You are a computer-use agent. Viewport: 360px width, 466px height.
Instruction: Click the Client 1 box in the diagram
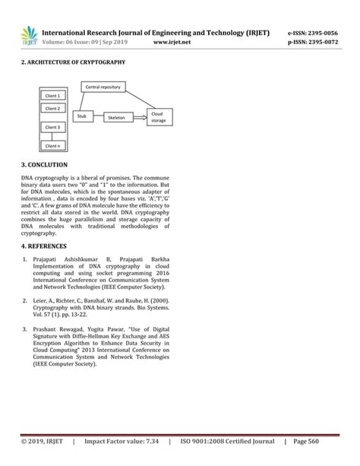tap(53, 97)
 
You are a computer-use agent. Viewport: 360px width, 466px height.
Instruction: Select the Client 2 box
tap(53, 109)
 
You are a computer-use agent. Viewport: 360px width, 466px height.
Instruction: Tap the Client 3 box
tap(53, 127)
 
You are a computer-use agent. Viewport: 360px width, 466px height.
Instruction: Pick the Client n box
tap(53, 144)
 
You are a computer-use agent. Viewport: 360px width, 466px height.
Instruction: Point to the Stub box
tap(83, 116)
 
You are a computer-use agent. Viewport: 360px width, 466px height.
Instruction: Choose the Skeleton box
tap(116, 117)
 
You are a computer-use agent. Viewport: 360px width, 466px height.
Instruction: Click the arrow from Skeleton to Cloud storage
tap(140, 117)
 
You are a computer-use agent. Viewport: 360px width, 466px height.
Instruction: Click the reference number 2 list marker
tap(26, 302)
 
